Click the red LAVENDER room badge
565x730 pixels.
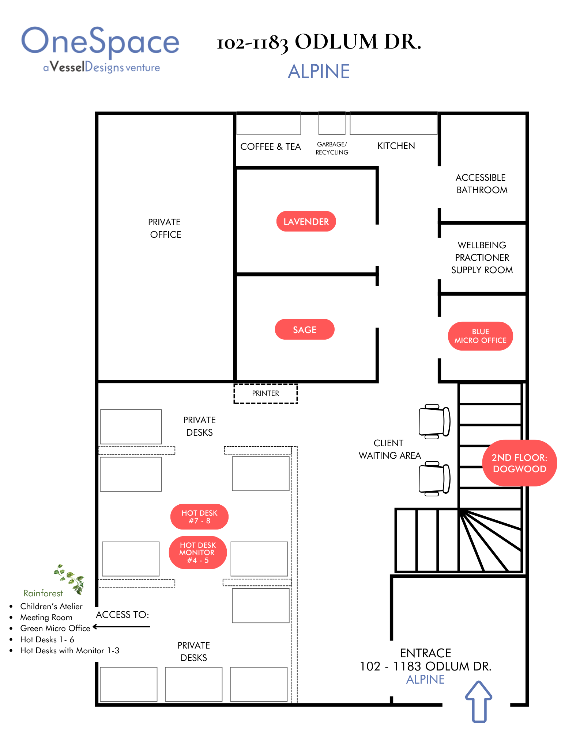coord(306,221)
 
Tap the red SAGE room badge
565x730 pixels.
coord(304,329)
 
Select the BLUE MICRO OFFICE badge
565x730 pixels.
coord(480,336)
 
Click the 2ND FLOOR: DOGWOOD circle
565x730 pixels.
coord(519,463)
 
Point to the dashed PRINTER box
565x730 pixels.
coord(265,393)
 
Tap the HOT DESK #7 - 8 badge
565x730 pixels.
coord(199,517)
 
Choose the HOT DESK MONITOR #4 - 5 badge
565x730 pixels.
coord(197,552)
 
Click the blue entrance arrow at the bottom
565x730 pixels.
coord(479,701)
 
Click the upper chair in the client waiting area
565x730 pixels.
coord(434,421)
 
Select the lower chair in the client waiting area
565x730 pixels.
coord(434,478)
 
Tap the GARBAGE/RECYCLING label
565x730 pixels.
coord(332,148)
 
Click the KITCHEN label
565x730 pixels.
coord(396,146)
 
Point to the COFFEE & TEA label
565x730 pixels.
coord(270,146)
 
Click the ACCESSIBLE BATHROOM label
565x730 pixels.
coord(481,184)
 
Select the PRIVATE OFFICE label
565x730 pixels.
coord(165,228)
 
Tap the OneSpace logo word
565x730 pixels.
coord(100,42)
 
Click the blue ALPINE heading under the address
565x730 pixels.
coord(319,71)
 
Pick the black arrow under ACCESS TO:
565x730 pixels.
coord(121,627)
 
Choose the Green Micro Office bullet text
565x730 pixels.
coord(55,628)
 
